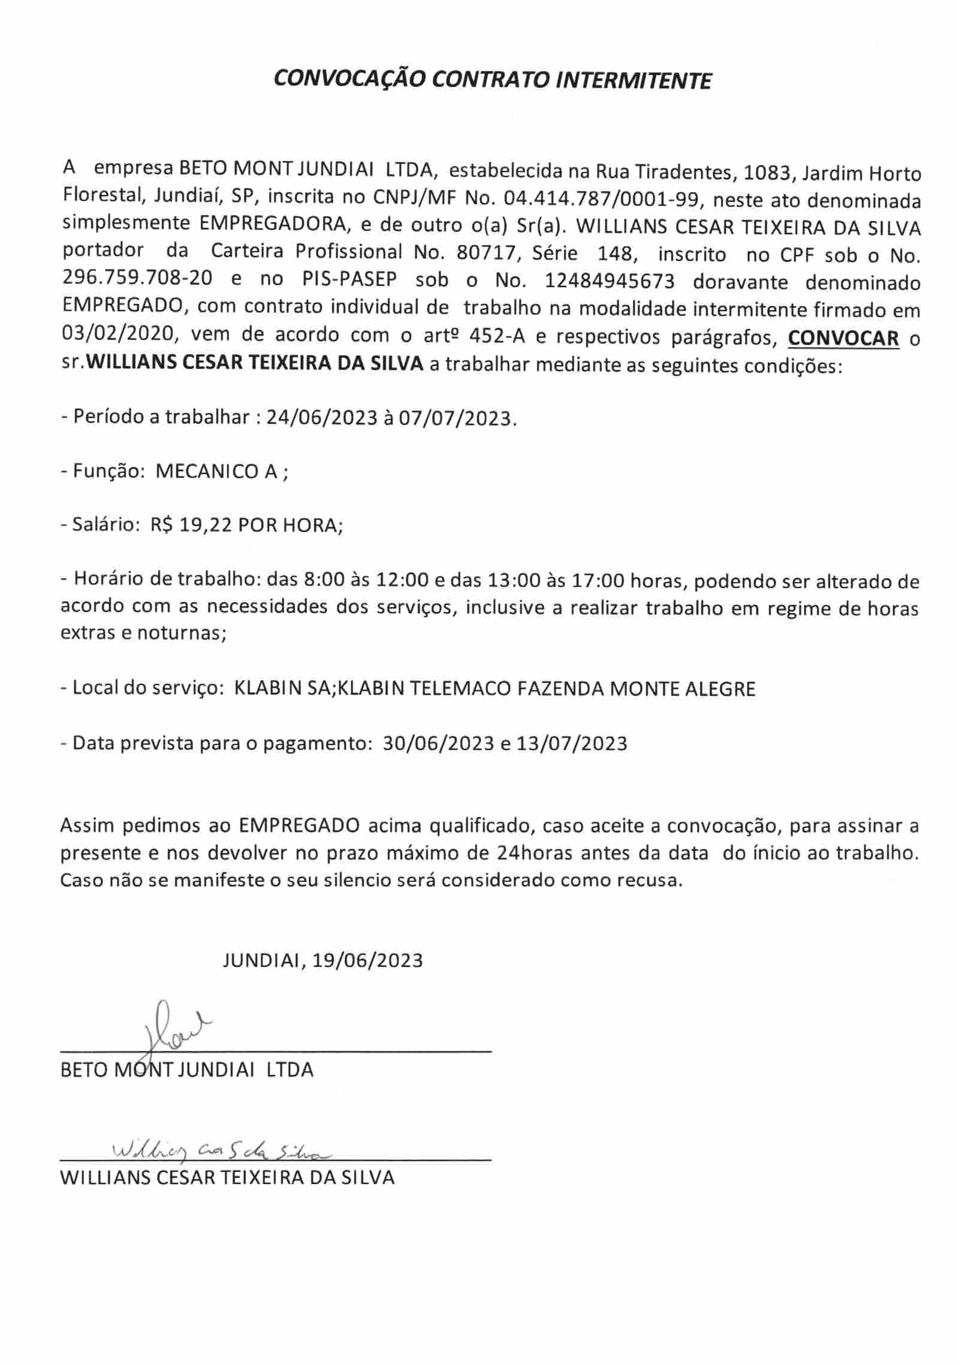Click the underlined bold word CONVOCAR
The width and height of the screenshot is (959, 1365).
click(x=843, y=338)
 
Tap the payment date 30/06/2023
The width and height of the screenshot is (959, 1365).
click(x=437, y=743)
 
